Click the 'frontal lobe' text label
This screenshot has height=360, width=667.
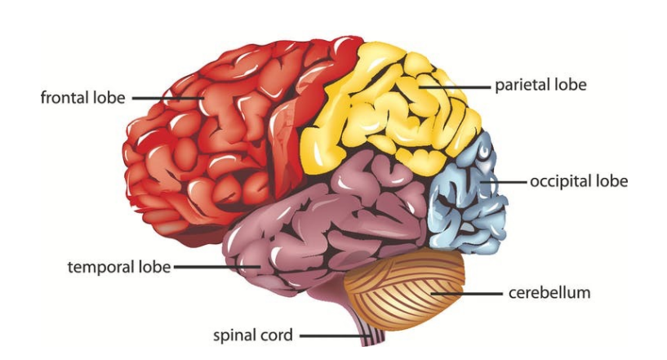(82, 98)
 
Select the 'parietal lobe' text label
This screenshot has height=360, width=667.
(540, 85)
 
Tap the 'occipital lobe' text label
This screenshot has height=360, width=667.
(579, 181)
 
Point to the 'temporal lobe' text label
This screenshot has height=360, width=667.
(119, 267)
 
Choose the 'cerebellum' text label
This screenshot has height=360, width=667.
(549, 291)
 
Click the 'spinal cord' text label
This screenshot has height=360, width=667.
(252, 335)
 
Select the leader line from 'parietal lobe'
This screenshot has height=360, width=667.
(457, 85)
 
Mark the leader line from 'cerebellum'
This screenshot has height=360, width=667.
(469, 291)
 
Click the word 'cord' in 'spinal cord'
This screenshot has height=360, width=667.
(277, 335)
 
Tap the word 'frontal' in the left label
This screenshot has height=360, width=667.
(65, 98)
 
